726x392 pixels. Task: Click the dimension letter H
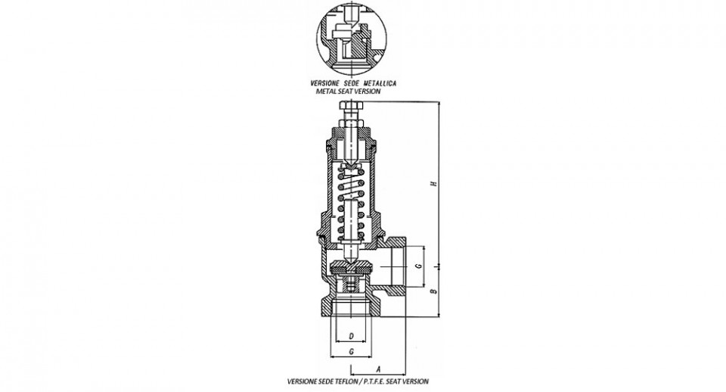tap(434, 184)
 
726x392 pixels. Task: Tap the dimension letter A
tap(378, 370)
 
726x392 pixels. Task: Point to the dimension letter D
tap(352, 336)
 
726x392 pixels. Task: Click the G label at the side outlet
tap(417, 266)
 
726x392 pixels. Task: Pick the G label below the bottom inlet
tap(352, 352)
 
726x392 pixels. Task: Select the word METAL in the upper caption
tap(327, 92)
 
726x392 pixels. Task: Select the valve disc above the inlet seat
tap(352, 267)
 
